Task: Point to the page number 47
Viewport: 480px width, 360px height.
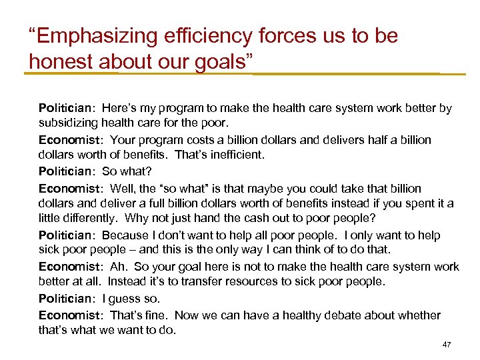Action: coord(447,345)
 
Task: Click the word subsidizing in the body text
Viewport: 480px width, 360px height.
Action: coord(69,123)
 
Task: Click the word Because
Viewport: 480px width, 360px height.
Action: coord(126,235)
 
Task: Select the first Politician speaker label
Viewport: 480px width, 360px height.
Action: coord(67,107)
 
